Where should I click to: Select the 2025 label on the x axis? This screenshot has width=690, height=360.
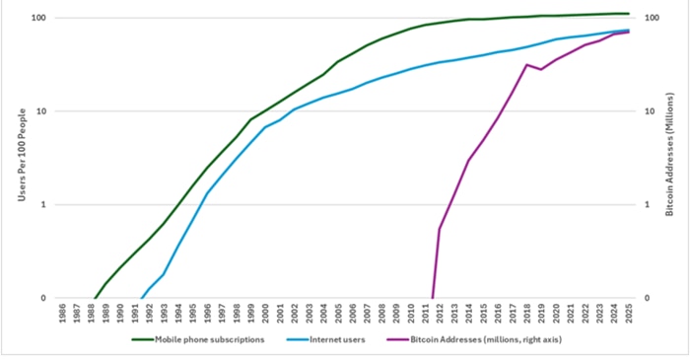click(x=628, y=316)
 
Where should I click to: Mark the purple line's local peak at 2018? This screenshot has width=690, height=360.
click(x=527, y=64)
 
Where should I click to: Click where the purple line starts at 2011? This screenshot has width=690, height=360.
click(x=433, y=297)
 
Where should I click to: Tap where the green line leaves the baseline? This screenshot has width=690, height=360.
click(x=95, y=297)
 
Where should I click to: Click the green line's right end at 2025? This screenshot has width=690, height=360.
click(x=628, y=14)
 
